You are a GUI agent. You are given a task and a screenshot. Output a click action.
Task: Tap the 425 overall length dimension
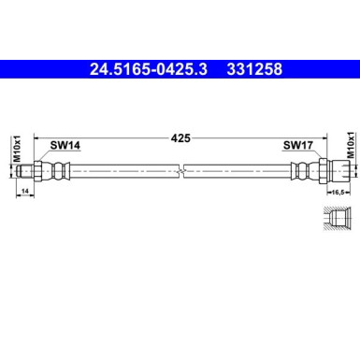pos(181,137)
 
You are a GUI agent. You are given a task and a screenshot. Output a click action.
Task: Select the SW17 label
pos(296,146)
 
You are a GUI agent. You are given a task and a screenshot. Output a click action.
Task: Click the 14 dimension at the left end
pos(24,192)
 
